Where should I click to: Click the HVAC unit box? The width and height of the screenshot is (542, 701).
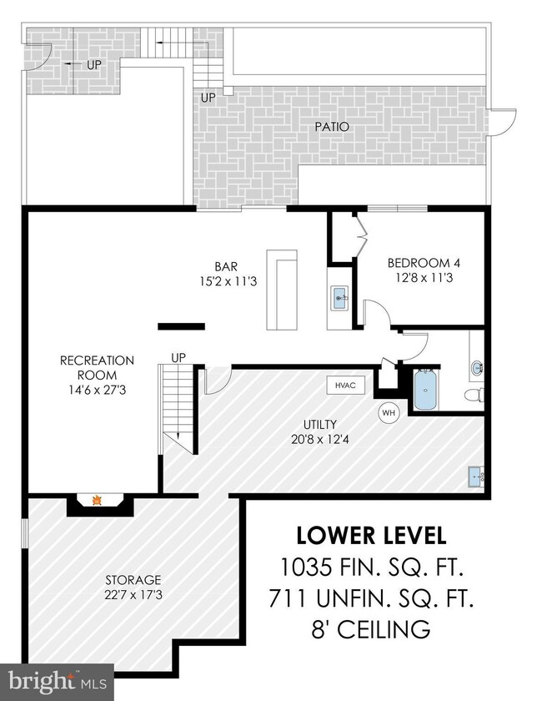coord(345,385)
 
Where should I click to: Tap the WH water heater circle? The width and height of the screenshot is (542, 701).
coord(389,412)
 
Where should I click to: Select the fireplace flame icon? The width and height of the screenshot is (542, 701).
coord(97,500)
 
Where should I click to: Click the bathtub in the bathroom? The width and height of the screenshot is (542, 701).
coord(425,390)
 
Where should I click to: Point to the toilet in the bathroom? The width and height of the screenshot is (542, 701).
coord(474,395)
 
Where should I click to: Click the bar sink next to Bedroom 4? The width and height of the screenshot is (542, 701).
coord(340,298)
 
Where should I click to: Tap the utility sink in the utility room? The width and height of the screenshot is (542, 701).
coord(476,477)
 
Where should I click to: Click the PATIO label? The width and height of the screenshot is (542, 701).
coord(332,127)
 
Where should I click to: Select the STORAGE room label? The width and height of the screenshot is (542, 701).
coord(133,580)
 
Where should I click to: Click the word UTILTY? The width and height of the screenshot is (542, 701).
coord(320,424)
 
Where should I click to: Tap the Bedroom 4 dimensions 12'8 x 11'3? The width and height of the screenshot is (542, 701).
coord(424,278)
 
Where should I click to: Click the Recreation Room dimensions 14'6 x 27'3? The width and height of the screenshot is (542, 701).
coord(97,390)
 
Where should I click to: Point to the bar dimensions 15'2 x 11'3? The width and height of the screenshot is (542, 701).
coord(228,282)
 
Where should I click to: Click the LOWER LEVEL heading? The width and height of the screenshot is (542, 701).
coord(372,536)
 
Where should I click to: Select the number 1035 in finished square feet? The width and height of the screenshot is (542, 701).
coord(306,567)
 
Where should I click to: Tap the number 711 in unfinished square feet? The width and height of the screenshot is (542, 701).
coord(288,598)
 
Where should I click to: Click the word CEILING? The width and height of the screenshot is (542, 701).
coord(384,629)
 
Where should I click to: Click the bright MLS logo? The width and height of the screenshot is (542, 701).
coord(58,682)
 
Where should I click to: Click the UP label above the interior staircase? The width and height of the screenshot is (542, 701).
coord(178,358)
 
